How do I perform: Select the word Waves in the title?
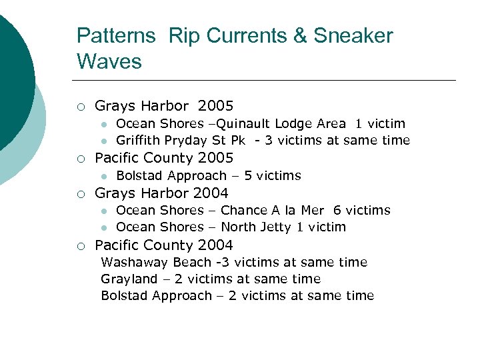point(109,61)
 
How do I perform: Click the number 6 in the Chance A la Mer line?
point(337,211)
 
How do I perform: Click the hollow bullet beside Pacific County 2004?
point(81,246)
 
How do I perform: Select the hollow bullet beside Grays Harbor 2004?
point(81,194)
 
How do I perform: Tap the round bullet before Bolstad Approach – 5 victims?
point(104,177)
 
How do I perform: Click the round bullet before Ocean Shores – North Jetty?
point(104,228)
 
